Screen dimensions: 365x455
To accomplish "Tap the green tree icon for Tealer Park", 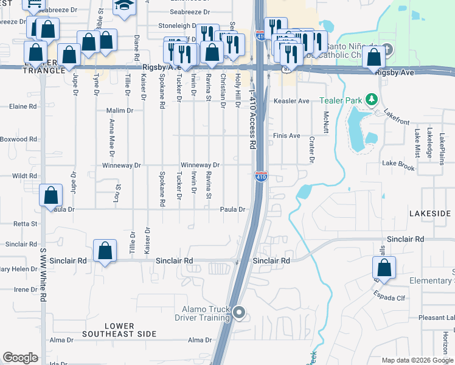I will (x=370, y=100).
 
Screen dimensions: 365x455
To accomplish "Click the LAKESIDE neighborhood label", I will (x=430, y=214).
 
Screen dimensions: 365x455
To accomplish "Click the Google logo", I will (x=20, y=358).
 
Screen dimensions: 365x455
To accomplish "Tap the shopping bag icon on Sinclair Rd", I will (x=105, y=251).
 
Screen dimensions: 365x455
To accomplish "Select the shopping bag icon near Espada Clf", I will (x=384, y=268).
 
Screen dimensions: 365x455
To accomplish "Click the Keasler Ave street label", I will (x=291, y=101).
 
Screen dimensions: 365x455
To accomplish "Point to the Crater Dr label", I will (x=311, y=150).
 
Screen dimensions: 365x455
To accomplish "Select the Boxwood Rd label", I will (x=18, y=139).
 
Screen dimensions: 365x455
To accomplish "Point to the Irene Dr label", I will (x=26, y=290).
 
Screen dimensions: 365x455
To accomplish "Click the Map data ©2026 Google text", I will (x=417, y=360).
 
